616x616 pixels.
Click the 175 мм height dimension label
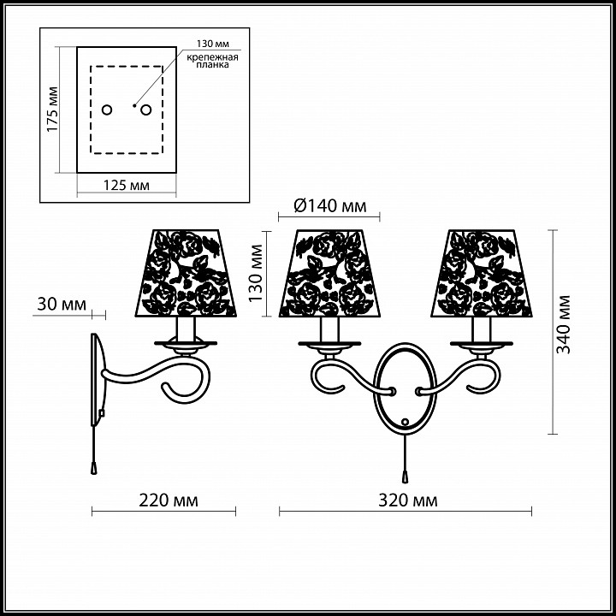click(52, 110)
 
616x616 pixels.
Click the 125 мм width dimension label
click(127, 185)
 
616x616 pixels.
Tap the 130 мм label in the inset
click(213, 44)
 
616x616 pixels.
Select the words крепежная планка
click(212, 61)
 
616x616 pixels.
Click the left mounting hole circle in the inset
click(107, 110)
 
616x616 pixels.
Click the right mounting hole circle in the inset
click(146, 110)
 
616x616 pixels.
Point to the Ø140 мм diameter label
click(330, 205)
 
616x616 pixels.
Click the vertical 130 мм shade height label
click(255, 273)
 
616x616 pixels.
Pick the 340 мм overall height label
click(563, 324)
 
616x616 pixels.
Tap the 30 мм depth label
click(62, 305)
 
